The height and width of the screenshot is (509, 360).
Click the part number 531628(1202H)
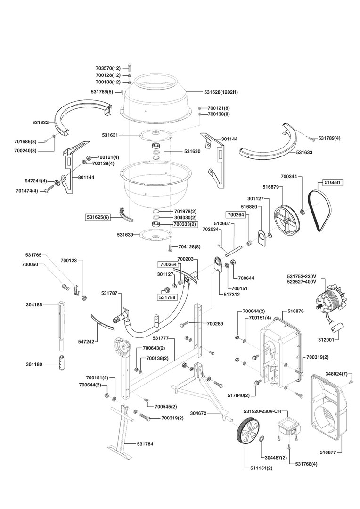pos(221,92)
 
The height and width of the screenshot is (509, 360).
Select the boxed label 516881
pos(333,181)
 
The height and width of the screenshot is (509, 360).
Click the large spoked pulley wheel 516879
pos(287,219)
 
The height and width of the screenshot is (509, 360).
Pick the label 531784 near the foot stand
pos(145,444)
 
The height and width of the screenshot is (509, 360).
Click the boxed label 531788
pos(167,297)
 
